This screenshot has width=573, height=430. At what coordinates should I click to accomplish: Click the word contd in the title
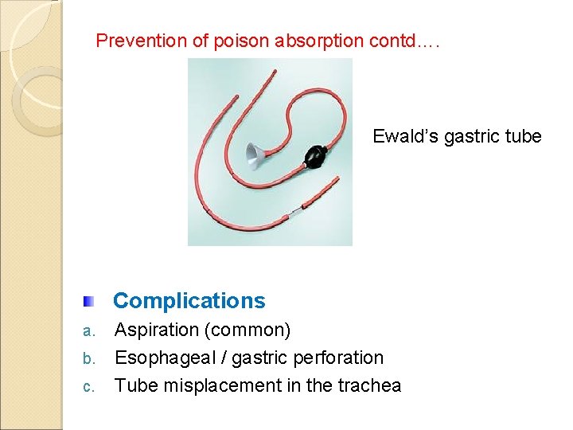tap(389, 41)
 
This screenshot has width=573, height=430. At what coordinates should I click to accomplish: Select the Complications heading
tap(189, 300)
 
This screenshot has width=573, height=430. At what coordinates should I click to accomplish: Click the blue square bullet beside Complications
tap(90, 301)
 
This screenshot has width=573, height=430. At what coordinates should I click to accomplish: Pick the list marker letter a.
tap(89, 330)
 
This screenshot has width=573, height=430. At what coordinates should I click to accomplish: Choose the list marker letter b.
tap(89, 358)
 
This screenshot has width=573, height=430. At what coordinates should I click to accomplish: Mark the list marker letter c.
tap(89, 387)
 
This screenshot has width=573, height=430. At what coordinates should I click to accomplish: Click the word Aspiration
tap(157, 330)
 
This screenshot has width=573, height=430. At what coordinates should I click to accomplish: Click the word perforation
tap(340, 358)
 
